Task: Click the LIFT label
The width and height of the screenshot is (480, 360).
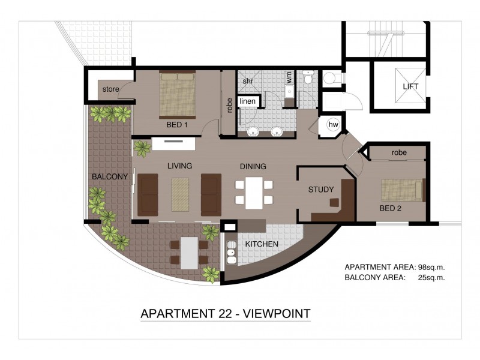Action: [x=410, y=86]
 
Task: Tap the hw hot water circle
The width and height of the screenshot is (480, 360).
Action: [x=333, y=125]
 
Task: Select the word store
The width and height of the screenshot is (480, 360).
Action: [x=110, y=90]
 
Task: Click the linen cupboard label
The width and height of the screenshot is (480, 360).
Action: [x=248, y=101]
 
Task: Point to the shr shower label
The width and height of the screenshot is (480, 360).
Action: [x=247, y=80]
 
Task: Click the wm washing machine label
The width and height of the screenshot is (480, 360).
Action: [x=289, y=77]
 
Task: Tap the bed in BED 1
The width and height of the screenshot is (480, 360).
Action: [x=177, y=95]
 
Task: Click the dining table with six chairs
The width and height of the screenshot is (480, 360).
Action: [x=254, y=193]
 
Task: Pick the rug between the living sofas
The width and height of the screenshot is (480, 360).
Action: [x=180, y=194]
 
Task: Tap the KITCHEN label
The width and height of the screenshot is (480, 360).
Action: [x=262, y=245]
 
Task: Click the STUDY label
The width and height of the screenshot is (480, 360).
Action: [x=321, y=190]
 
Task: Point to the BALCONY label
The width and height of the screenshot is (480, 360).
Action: [x=110, y=176]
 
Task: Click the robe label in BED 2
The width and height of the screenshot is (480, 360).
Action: [x=399, y=152]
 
